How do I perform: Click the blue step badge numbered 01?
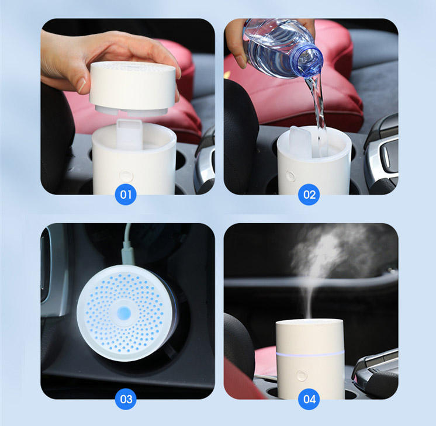click(x=126, y=194)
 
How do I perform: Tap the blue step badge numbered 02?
click(x=309, y=194)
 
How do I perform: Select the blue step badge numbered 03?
click(x=126, y=400)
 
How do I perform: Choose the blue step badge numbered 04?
click(x=309, y=400)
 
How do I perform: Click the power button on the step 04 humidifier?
click(x=302, y=375)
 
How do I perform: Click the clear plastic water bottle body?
click(x=275, y=44)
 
